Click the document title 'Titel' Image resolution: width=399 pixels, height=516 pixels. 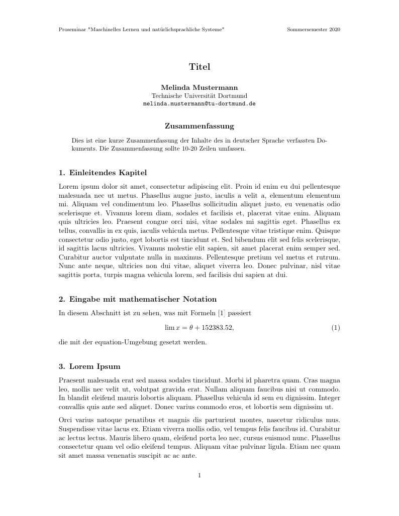coord(199,67)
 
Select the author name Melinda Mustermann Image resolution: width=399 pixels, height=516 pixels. coord(199,87)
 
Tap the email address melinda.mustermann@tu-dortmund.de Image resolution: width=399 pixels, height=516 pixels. coord(199,103)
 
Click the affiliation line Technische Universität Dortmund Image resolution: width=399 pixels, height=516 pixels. coord(199,95)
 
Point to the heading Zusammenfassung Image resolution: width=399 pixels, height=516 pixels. coord(199,126)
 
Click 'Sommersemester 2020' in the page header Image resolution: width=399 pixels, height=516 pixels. coord(314,30)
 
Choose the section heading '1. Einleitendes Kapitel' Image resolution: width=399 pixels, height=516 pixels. coord(103,173)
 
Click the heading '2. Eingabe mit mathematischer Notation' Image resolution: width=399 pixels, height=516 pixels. coord(137,300)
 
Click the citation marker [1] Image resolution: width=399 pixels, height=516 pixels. coord(222,313)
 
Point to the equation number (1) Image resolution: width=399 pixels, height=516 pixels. coord(336,328)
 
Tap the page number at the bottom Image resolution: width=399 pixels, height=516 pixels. coord(199,475)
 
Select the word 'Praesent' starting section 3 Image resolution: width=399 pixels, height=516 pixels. coord(72,380)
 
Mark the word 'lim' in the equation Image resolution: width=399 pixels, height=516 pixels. coord(169,328)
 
